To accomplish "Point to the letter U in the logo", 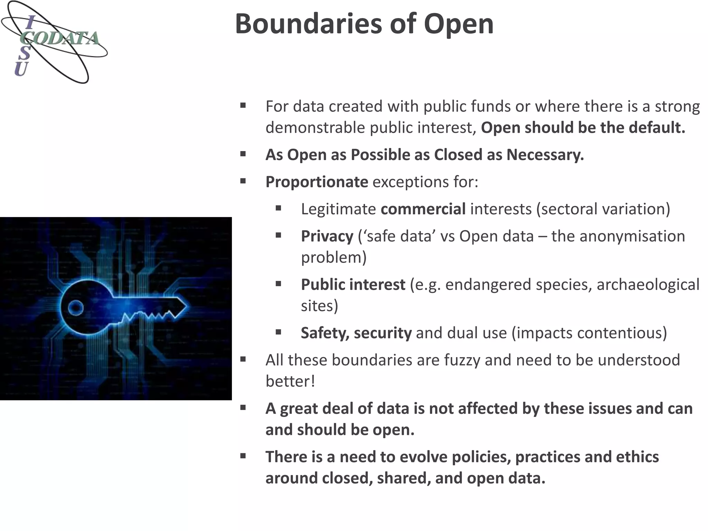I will tap(21, 69).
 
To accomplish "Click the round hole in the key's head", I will tap(75, 307).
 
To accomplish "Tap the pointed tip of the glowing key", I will tap(188, 306).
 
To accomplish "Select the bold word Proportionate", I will tap(317, 182).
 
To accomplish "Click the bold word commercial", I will tap(423, 209).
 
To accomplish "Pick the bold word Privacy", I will tap(327, 236).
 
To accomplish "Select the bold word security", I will tap(383, 333).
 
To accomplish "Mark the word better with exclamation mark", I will tap(290, 381).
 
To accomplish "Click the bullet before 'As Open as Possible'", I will tap(243, 154).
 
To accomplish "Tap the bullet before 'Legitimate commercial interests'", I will tap(279, 208).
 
